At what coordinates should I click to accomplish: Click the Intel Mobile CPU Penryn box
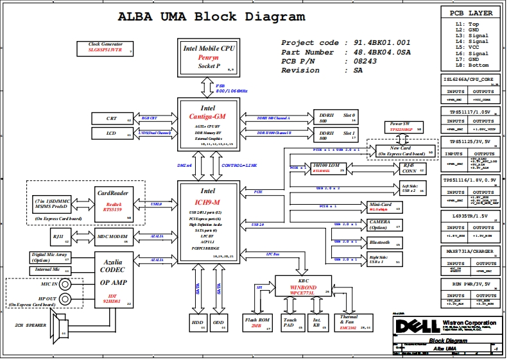pos(209,56)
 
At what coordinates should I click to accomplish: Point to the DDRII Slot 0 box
pos(337,117)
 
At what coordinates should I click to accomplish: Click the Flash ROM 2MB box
pos(256,322)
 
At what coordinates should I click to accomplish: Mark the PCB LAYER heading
pos(470,13)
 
